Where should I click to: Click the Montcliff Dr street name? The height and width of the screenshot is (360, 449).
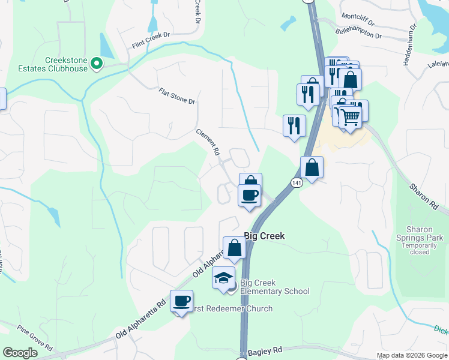(x=358, y=22)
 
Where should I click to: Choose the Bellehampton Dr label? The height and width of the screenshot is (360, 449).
(x=359, y=35)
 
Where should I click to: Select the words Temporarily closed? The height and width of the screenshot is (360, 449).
(x=424, y=248)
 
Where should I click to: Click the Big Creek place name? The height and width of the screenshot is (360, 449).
(x=264, y=236)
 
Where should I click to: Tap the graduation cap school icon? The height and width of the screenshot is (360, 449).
(x=223, y=278)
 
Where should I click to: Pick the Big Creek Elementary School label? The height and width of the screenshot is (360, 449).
(x=274, y=287)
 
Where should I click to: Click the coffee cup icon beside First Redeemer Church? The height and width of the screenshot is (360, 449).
(x=181, y=301)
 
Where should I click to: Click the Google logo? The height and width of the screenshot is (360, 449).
(x=20, y=353)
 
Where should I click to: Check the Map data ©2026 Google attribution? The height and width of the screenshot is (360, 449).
(x=412, y=355)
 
